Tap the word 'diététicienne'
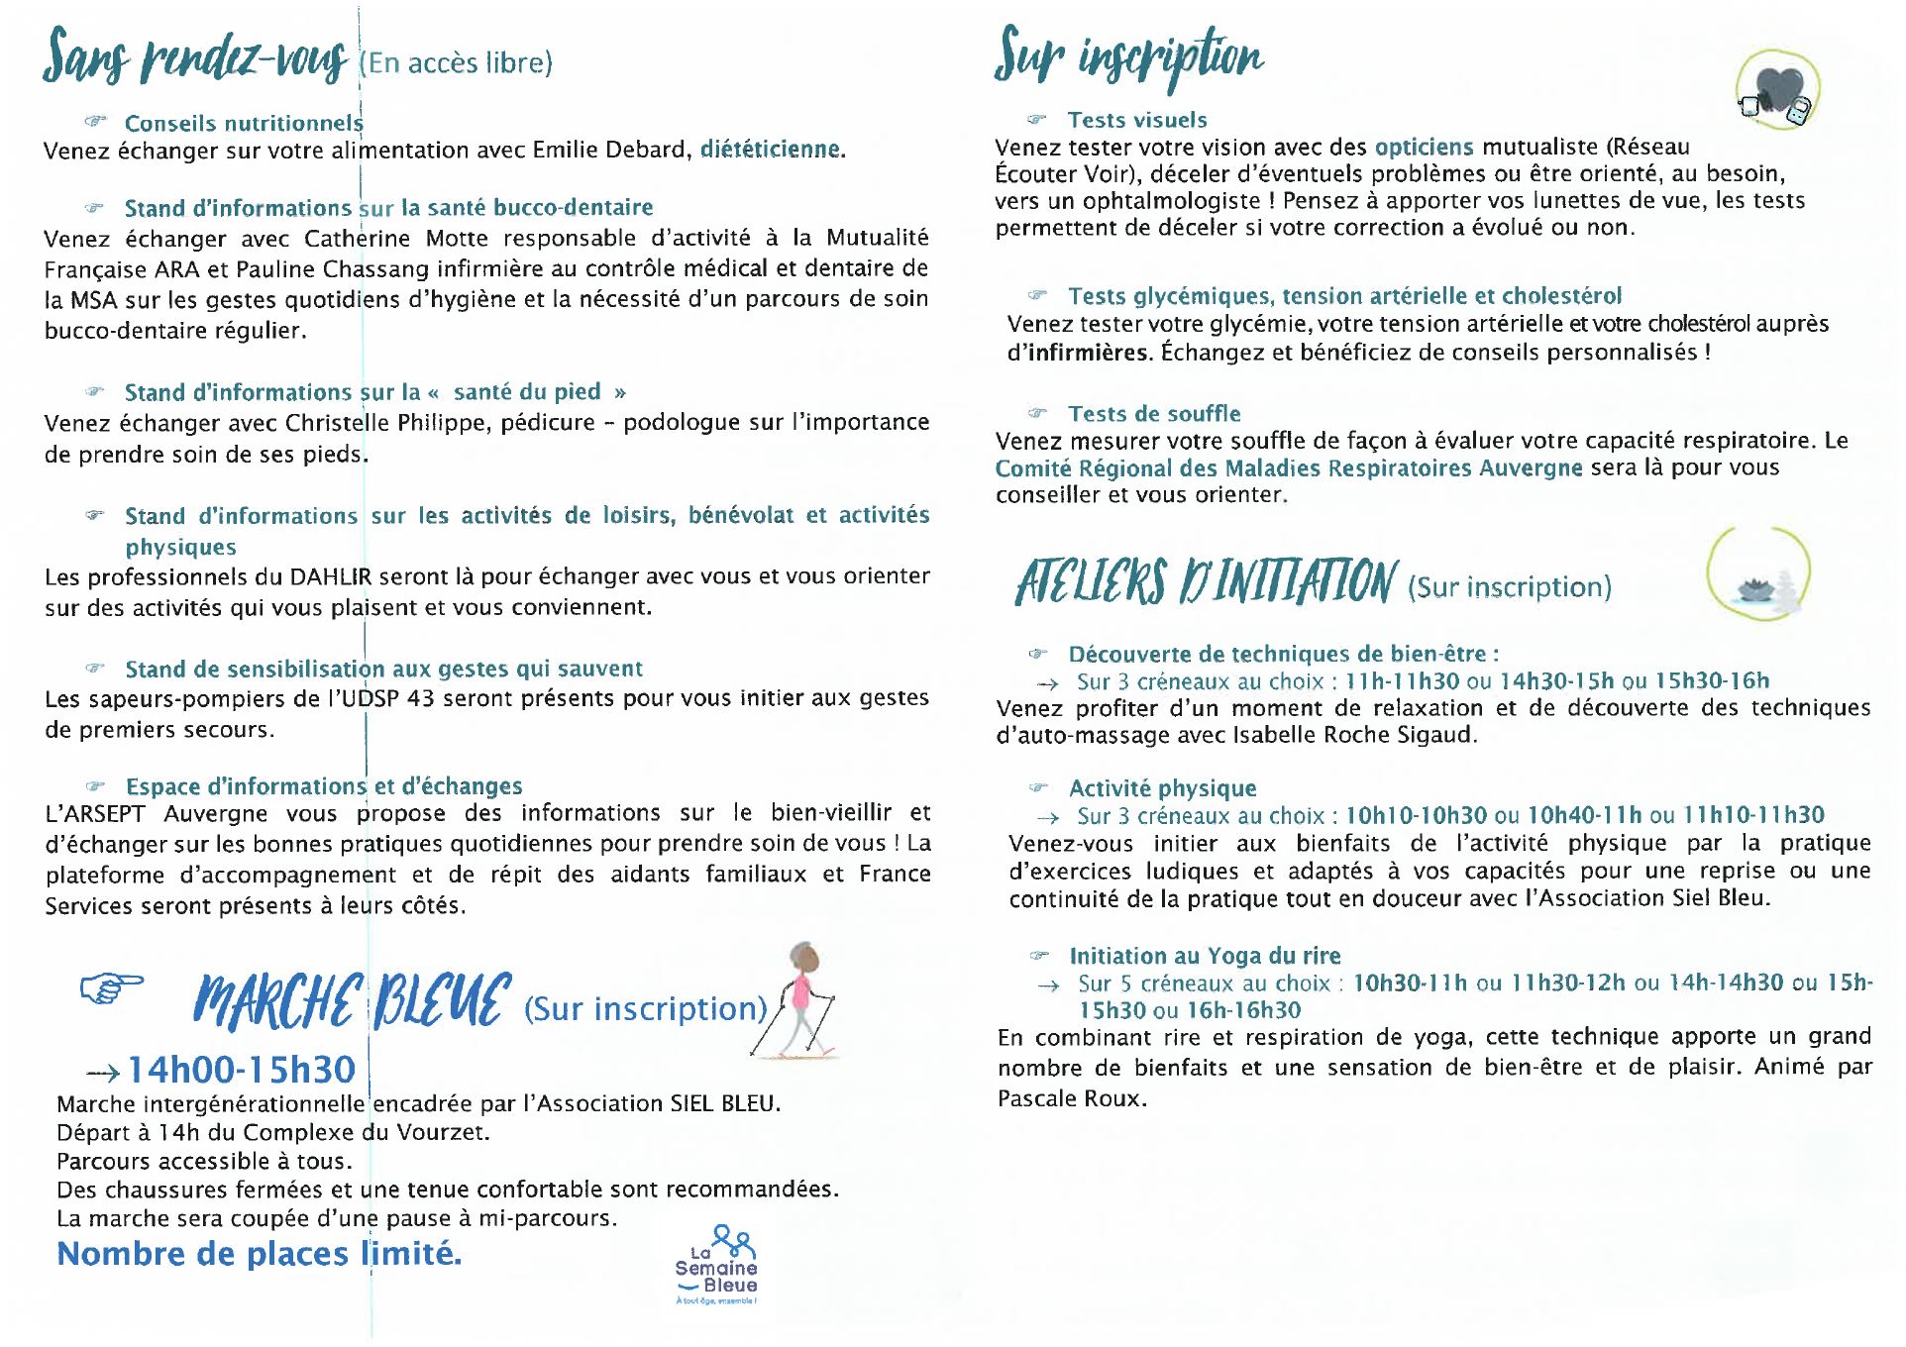click(x=770, y=150)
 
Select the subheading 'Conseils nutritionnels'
click(x=244, y=123)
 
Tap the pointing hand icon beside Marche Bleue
click(x=111, y=987)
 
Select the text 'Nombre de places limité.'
click(x=260, y=1254)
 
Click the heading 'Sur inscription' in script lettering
click(x=1128, y=56)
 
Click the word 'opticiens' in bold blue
click(x=1424, y=148)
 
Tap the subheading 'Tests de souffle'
click(x=1154, y=414)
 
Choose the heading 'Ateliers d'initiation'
click(x=1206, y=582)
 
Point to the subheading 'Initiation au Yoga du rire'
click(x=1205, y=956)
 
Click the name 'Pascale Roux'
click(x=1070, y=1098)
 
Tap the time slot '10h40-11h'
click(x=1584, y=816)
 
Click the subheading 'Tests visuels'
click(x=1137, y=120)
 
